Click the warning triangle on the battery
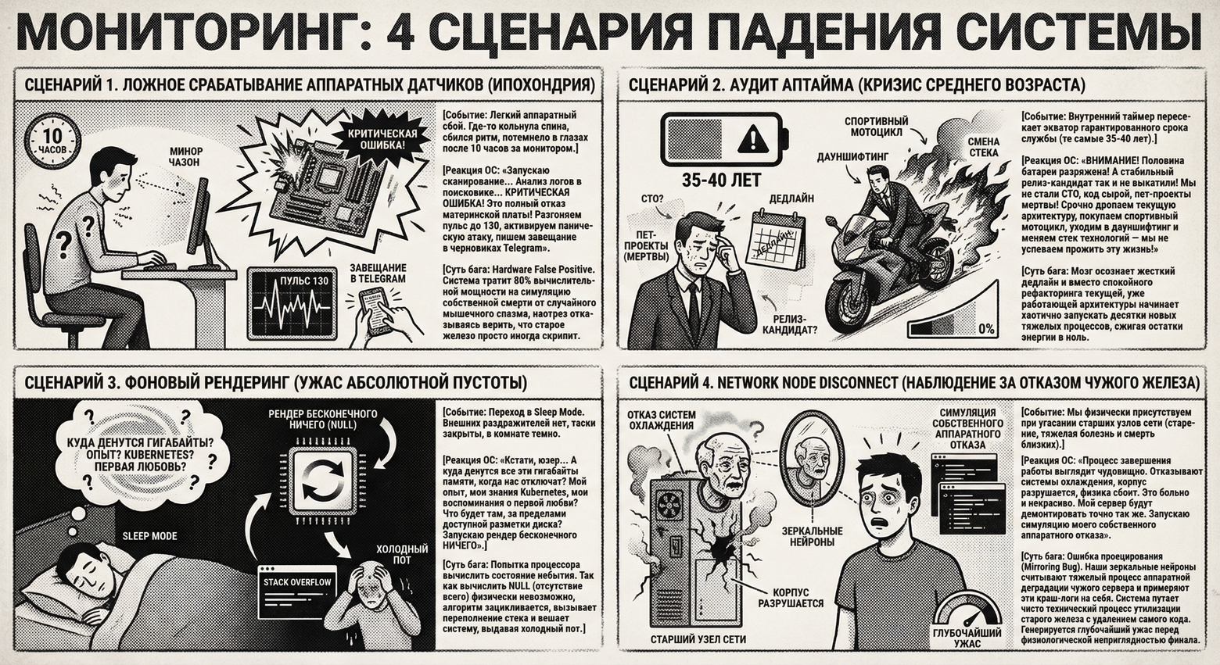pyautogui.click(x=752, y=141)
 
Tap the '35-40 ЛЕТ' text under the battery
pyautogui.click(x=720, y=181)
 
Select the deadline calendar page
pyautogui.click(x=777, y=239)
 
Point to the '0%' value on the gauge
pyautogui.click(x=986, y=329)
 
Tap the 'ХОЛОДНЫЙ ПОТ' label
pyautogui.click(x=402, y=554)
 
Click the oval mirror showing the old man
pyautogui.click(x=809, y=460)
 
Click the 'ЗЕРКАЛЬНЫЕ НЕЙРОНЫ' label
pyautogui.click(x=813, y=536)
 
